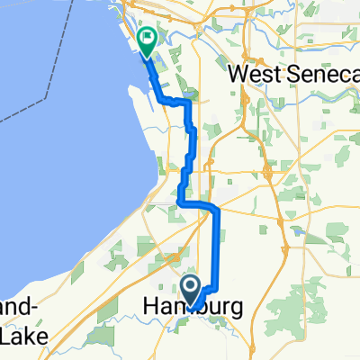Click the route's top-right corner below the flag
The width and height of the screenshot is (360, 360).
pyautogui.click(x=190, y=104)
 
